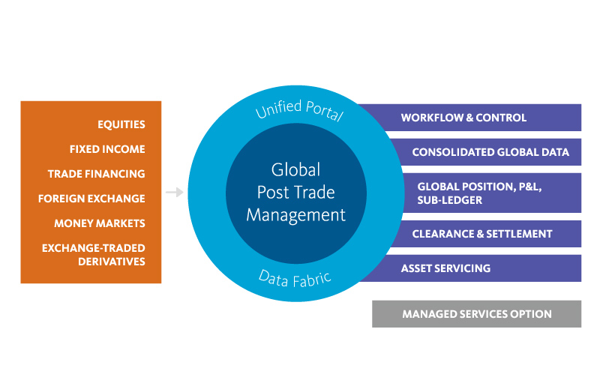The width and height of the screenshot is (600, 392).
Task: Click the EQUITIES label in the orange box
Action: pos(121,124)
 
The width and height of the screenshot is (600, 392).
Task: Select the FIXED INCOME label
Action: pos(107,149)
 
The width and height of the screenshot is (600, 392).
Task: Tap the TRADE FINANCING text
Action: pos(96,174)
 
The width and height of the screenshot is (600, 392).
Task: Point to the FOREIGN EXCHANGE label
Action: pos(91,199)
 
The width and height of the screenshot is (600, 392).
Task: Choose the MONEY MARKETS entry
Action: pos(100,223)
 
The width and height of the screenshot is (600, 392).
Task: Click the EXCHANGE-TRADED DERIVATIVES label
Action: pos(94,255)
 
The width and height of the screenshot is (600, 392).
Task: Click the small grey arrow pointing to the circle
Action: pos(174,193)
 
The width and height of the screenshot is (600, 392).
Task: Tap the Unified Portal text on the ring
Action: pos(298,109)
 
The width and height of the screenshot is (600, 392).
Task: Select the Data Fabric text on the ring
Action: pos(295,278)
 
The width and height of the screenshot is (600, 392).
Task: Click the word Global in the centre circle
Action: pos(295,169)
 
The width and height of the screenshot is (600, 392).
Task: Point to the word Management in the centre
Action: pos(295,215)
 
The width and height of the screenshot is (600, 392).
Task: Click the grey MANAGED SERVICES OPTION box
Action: pos(476,314)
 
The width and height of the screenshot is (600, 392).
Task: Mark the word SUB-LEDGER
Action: pos(449,200)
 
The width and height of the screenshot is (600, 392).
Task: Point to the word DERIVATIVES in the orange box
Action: pos(112,262)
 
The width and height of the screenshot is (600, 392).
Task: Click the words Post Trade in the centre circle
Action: pos(295,192)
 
